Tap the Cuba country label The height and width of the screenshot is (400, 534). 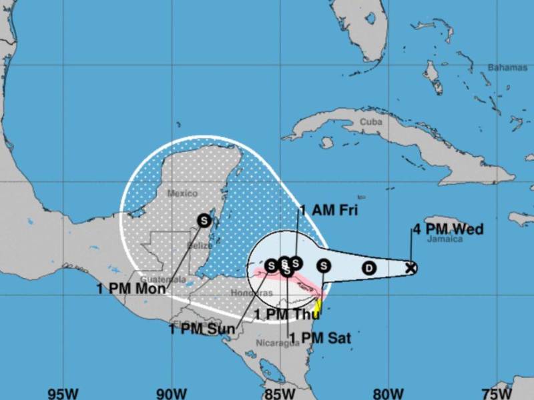pyautogui.click(x=370, y=122)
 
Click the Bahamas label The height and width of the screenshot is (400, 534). pyautogui.click(x=507, y=67)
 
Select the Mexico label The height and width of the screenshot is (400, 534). pyautogui.click(x=182, y=193)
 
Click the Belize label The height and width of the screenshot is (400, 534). pyautogui.click(x=200, y=245)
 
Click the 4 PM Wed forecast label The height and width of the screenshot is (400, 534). pyautogui.click(x=448, y=230)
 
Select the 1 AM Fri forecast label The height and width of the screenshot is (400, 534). pyautogui.click(x=328, y=211)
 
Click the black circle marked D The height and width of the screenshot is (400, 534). pyautogui.click(x=368, y=268)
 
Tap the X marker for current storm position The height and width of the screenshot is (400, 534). pyautogui.click(x=411, y=268)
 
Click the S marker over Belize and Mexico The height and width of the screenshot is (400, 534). pyautogui.click(x=204, y=219)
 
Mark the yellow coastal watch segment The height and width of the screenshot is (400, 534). pyautogui.click(x=318, y=307)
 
